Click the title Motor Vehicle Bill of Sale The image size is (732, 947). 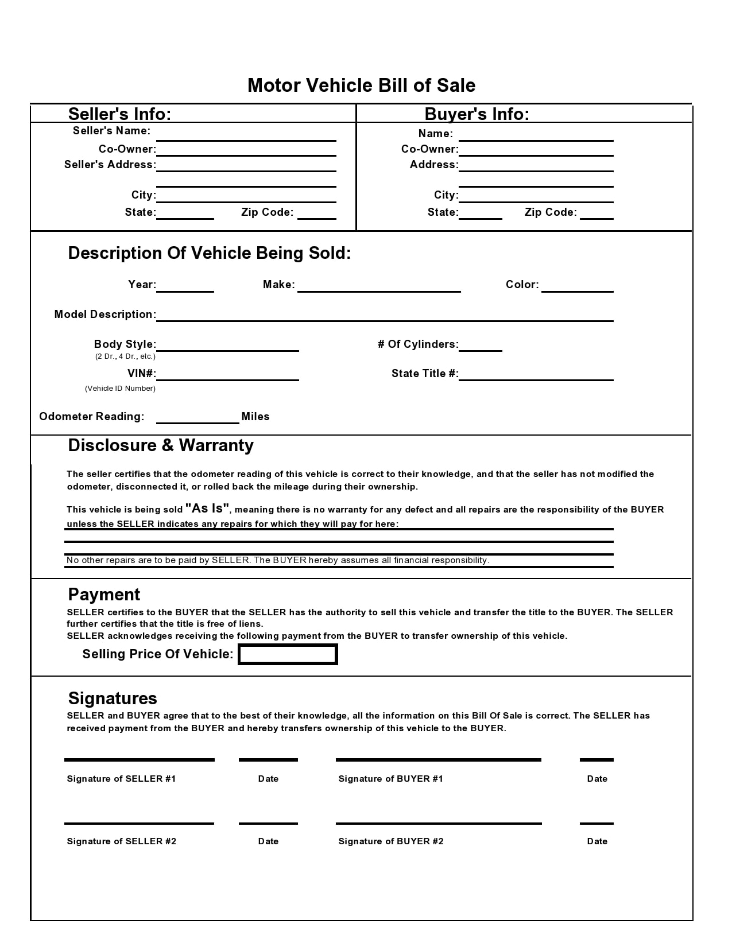click(x=361, y=86)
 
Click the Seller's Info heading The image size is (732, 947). click(x=119, y=114)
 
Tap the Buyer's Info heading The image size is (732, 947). click(x=477, y=114)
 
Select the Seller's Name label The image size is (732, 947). click(x=111, y=131)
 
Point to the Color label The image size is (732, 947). click(x=522, y=285)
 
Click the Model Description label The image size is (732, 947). click(x=105, y=315)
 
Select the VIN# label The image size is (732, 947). click(x=141, y=374)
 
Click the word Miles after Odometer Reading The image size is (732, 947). click(x=255, y=417)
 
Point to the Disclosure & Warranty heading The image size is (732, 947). click(x=161, y=445)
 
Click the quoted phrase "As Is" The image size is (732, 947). click(x=207, y=509)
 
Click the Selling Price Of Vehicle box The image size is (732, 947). click(x=288, y=654)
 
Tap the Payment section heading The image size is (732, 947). click(x=104, y=595)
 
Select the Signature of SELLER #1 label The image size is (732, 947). click(x=121, y=779)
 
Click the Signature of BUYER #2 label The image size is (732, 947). click(x=391, y=841)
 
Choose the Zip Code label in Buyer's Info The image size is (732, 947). click(x=551, y=212)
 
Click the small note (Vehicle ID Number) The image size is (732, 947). click(x=120, y=389)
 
